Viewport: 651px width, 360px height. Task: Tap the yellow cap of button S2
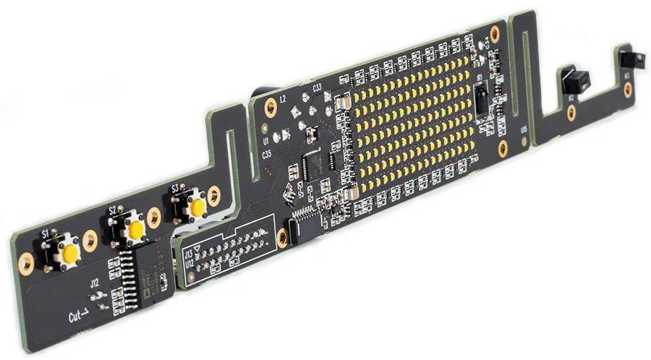[x=135, y=230]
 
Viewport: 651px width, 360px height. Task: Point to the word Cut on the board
[x=75, y=316]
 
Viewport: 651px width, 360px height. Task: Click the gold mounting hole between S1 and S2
[x=90, y=241]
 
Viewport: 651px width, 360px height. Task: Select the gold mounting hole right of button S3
[x=213, y=195]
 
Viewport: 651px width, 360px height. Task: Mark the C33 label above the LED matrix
[x=317, y=87]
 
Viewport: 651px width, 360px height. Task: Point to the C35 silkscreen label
[x=267, y=154]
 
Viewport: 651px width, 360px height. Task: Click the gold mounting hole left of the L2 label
[x=270, y=108]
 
